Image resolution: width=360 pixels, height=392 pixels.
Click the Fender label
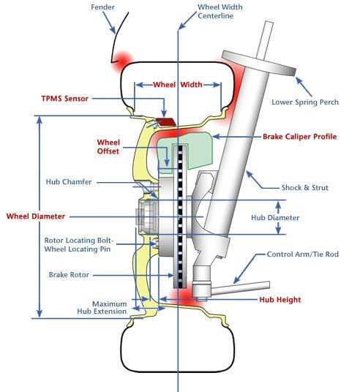(102, 7)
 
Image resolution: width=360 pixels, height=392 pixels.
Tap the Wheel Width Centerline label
(220, 11)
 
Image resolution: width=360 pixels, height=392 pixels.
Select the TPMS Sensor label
(65, 99)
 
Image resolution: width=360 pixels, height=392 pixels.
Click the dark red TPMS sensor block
(166, 121)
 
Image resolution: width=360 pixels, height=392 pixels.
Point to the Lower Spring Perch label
(305, 102)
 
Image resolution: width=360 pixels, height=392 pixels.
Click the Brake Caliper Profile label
(299, 137)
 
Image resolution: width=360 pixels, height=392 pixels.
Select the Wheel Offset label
(108, 147)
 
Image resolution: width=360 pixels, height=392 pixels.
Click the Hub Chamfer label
(69, 182)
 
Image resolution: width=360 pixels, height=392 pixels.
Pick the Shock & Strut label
(304, 187)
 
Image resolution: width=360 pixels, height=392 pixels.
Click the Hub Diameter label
(275, 217)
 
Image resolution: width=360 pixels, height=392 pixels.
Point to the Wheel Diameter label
(36, 216)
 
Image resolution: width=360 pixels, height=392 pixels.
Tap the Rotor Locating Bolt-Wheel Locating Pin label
(78, 245)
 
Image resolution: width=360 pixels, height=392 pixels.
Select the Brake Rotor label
(69, 275)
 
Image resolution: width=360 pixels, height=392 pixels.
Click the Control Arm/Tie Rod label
(303, 255)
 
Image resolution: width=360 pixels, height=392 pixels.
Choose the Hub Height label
(280, 300)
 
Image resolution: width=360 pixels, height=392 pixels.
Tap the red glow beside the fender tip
(123, 61)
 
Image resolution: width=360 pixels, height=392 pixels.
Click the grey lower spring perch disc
(259, 62)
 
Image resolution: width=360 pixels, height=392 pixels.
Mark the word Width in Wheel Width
(192, 85)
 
